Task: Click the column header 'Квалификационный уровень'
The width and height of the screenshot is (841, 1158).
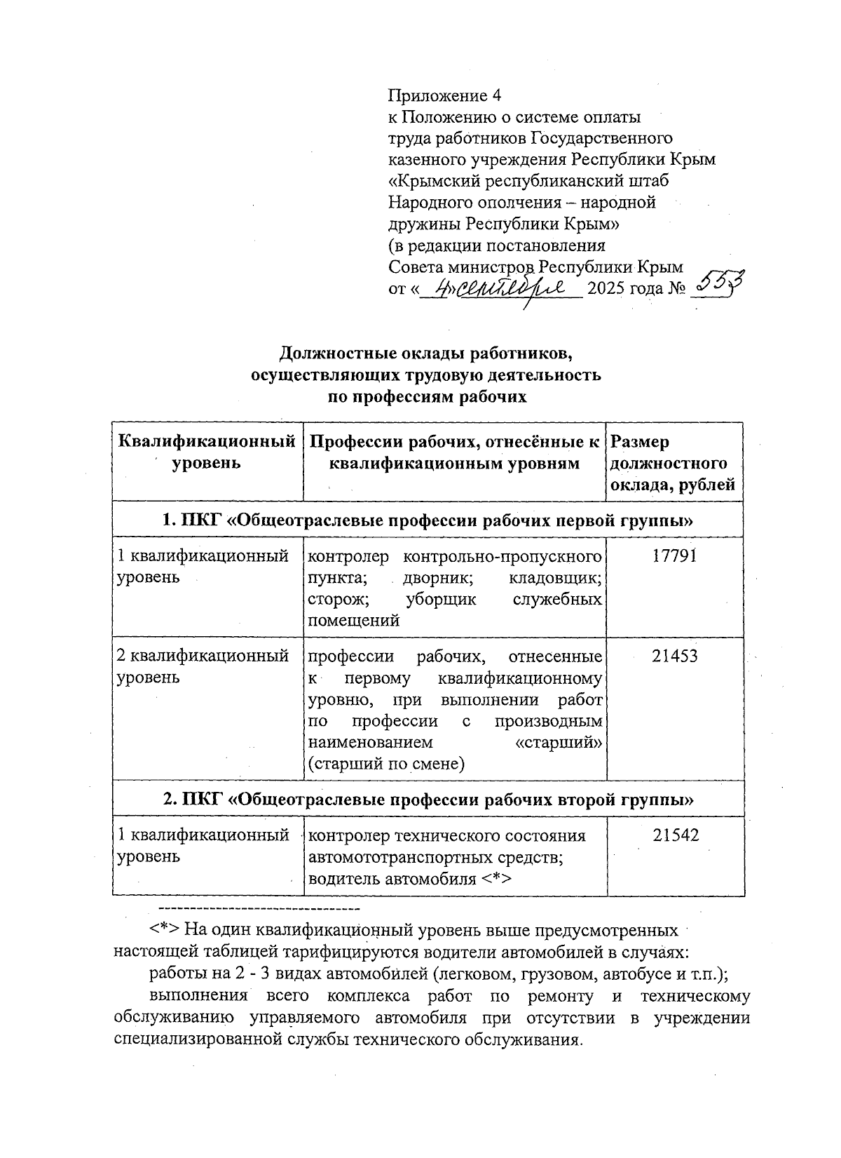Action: click(x=207, y=452)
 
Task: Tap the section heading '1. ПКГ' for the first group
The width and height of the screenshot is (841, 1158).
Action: click(x=428, y=520)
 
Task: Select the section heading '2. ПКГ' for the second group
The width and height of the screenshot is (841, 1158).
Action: click(x=428, y=799)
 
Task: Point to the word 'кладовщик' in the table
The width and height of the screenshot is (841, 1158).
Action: click(x=556, y=578)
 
